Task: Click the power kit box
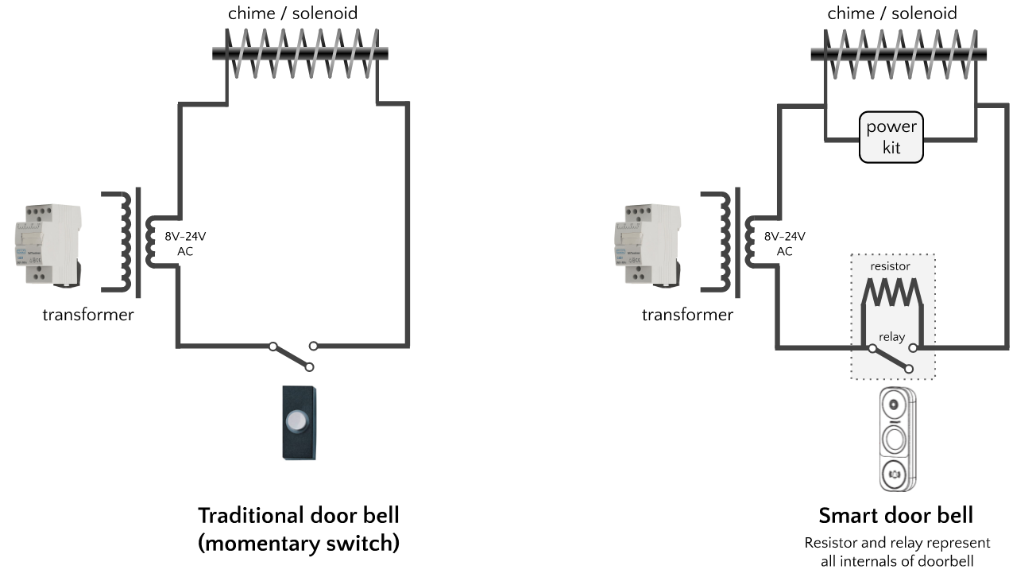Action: (891, 137)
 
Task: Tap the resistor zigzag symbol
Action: (891, 292)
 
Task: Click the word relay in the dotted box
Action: (891, 337)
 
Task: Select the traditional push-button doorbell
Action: (299, 422)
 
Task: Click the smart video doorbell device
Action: (895, 440)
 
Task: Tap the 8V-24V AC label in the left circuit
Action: (184, 243)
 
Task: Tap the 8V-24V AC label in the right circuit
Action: (783, 243)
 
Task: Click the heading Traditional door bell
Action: (298, 515)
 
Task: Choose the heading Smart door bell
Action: (895, 516)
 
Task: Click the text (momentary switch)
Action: (298, 544)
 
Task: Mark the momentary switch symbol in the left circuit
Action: (292, 355)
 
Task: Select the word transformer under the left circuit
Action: (87, 315)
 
